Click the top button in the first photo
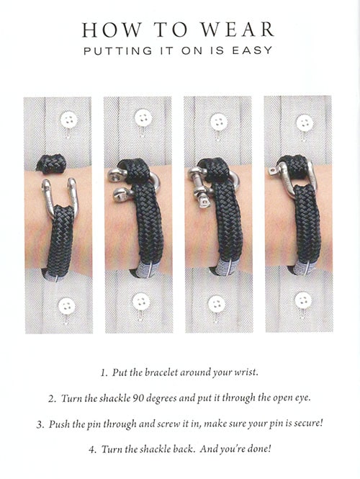pos(68,120)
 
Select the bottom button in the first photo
pos(66,306)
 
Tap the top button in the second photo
pos(143,118)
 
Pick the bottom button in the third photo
pos(217,304)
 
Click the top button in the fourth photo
pos(305,123)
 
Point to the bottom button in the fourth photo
pos(303,300)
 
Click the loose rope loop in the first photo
pos(51,164)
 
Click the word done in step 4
pos(259,449)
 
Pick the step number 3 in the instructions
pos(40,425)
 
